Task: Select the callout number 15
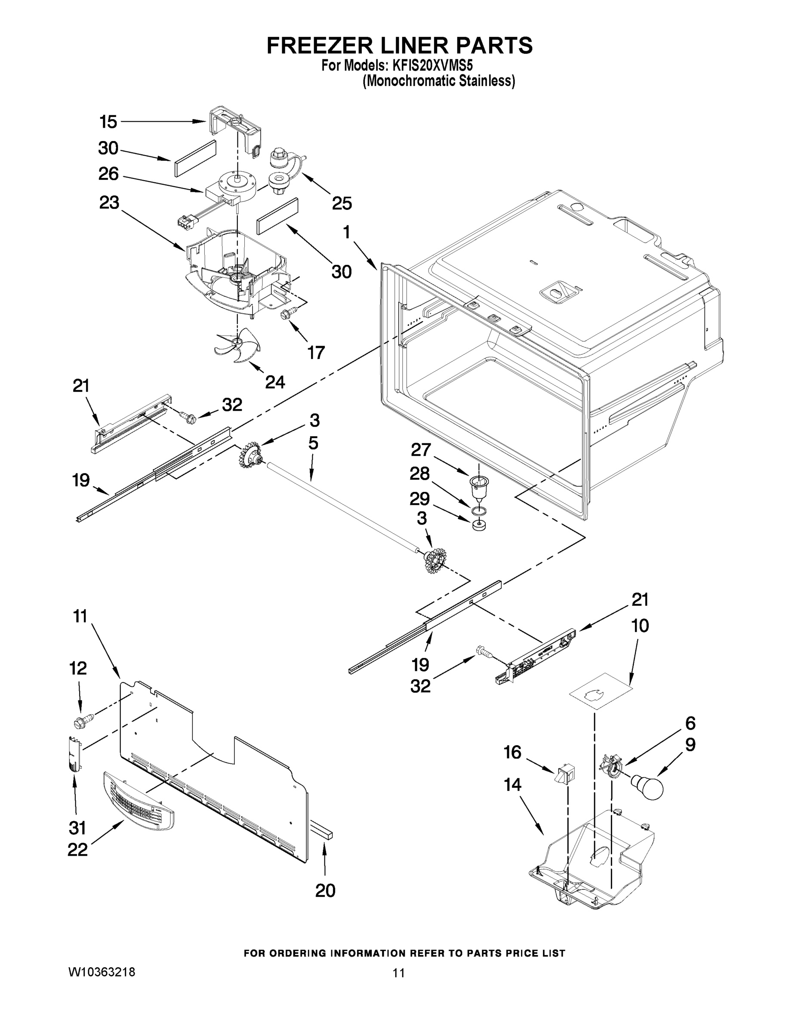point(108,122)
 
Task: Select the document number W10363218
point(102,972)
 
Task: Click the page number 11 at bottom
point(398,973)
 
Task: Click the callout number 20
point(325,890)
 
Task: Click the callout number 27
point(421,449)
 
